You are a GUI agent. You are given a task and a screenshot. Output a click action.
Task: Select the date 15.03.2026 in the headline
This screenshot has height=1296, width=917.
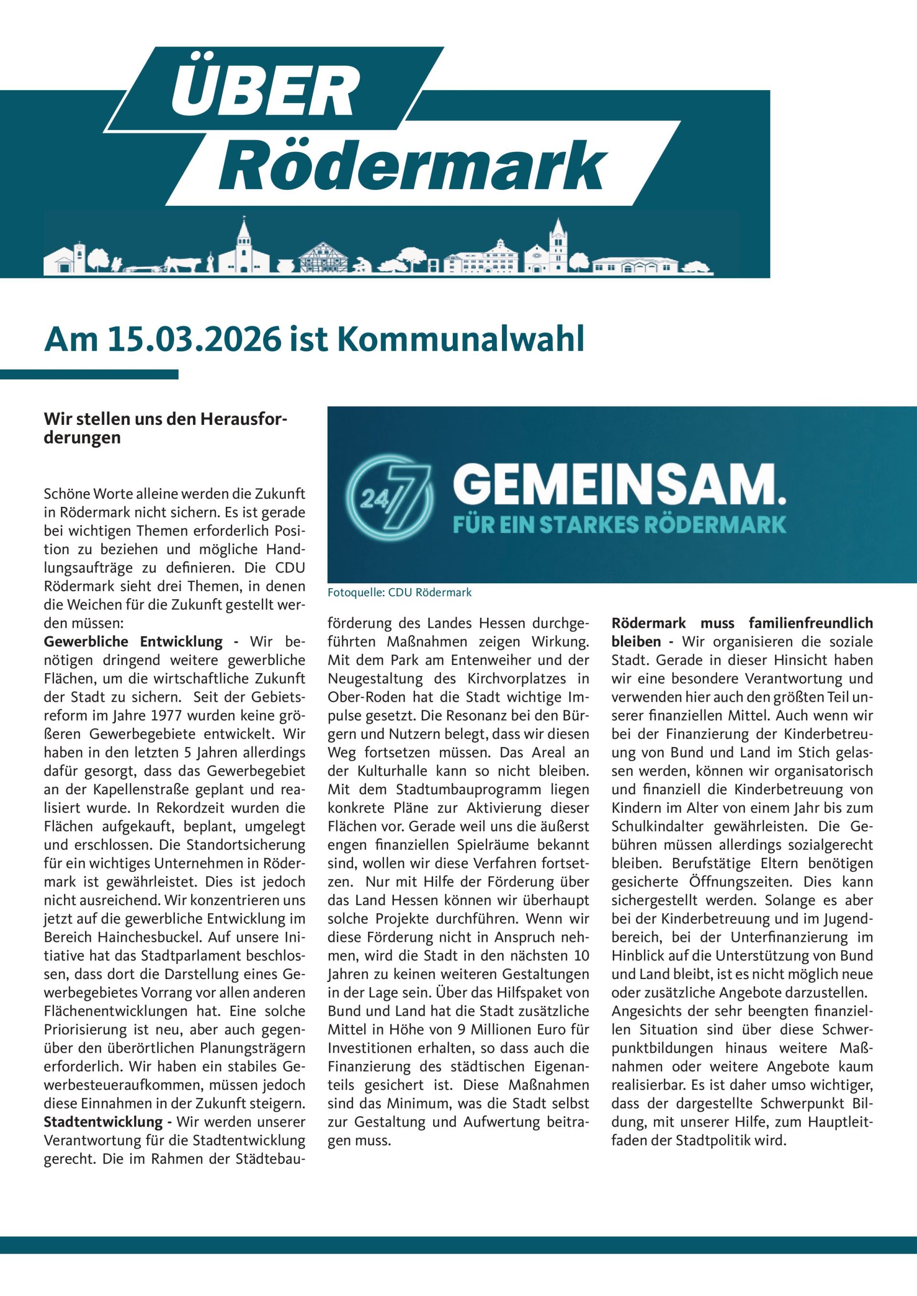[183, 340]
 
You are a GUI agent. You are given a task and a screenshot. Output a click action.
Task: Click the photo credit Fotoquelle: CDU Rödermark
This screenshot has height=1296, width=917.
[399, 593]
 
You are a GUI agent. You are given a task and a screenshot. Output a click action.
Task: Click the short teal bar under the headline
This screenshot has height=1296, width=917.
[89, 374]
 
